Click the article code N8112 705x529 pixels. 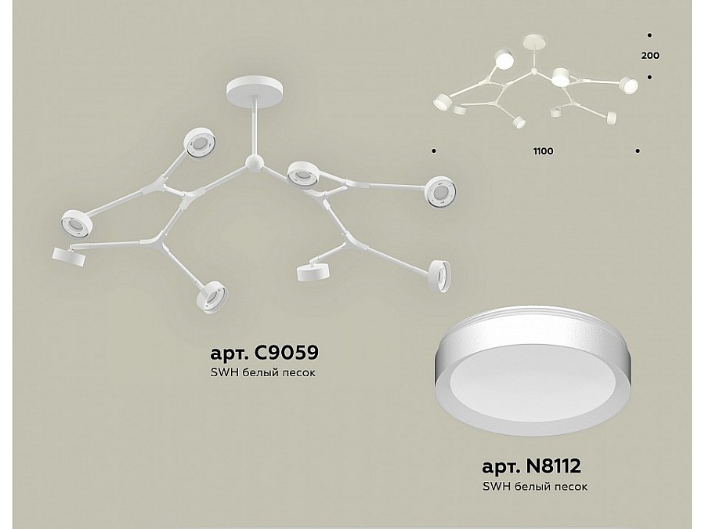click(x=557, y=469)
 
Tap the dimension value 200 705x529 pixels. click(x=649, y=56)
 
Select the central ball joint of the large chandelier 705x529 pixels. click(x=254, y=162)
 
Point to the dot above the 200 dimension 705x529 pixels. click(x=649, y=35)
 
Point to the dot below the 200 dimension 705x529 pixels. click(x=649, y=77)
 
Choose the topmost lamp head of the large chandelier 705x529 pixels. click(x=199, y=143)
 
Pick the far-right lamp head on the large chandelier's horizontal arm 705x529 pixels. click(x=439, y=192)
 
